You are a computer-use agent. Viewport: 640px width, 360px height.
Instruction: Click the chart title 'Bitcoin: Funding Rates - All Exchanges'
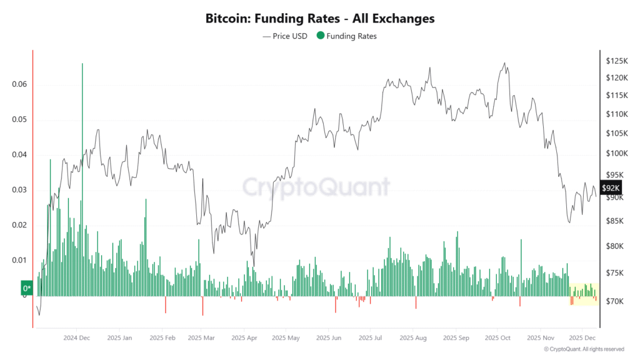pos(319,19)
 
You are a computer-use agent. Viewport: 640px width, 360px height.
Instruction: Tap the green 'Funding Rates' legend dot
pos(321,36)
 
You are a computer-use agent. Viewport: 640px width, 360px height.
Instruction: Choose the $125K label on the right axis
pos(616,61)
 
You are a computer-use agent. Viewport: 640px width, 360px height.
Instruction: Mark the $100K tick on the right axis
pos(616,153)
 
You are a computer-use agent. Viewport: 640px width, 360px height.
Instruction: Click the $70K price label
pos(614,301)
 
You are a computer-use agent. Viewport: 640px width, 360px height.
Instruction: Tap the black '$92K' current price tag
pos(611,188)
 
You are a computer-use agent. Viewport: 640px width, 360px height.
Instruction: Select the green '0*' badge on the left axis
pos(27,289)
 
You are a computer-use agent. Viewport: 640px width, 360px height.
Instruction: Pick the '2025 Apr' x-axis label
pos(244,337)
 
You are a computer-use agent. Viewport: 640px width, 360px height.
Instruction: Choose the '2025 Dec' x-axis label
pos(582,337)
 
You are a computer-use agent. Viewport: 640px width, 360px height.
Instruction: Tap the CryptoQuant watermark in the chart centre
pos(316,187)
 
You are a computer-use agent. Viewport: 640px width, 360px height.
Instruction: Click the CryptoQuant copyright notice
pos(584,349)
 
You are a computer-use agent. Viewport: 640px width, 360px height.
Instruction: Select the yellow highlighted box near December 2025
pos(584,294)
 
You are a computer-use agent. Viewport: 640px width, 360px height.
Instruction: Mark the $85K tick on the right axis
pos(615,221)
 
